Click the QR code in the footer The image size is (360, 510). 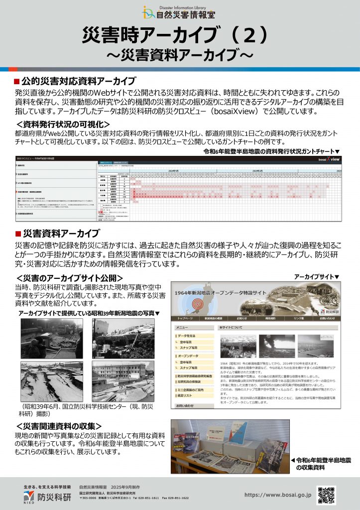pos(326,495)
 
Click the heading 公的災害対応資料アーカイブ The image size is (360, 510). pos(79,81)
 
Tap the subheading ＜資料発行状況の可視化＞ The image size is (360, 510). pos(63,124)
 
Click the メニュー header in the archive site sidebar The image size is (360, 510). pos(182,328)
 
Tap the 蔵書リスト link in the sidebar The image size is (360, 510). pos(187,395)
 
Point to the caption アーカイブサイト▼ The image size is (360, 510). pos(317,276)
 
